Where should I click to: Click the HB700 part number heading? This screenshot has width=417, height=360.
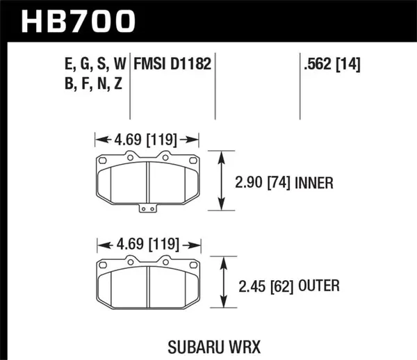pyautogui.click(x=77, y=22)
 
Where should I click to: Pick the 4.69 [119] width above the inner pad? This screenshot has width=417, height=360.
pyautogui.click(x=147, y=138)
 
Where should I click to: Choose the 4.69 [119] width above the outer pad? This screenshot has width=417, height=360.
pyautogui.click(x=147, y=245)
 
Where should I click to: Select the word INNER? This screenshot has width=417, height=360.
pyautogui.click(x=316, y=183)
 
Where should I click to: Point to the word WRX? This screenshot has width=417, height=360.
pyautogui.click(x=235, y=345)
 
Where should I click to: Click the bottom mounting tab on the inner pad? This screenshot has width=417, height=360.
pyautogui.click(x=148, y=208)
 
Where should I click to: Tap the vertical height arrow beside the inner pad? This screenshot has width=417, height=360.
pyautogui.click(x=221, y=181)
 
